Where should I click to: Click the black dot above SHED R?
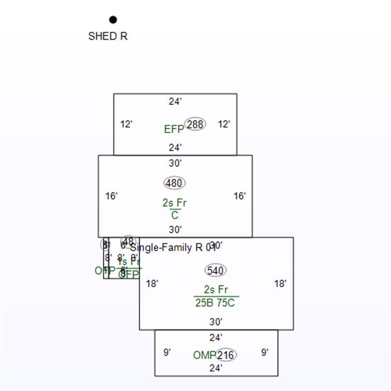tap(113, 20)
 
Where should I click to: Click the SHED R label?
tap(108, 36)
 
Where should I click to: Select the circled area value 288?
tap(195, 124)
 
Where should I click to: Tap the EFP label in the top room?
tap(174, 129)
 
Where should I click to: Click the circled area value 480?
tap(174, 183)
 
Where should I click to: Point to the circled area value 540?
tap(216, 270)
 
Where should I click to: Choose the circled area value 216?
tap(226, 355)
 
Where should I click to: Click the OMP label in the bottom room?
tap(204, 355)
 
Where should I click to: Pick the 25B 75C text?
tap(215, 302)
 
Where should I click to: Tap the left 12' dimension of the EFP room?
tap(126, 124)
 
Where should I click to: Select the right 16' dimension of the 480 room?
tap(240, 195)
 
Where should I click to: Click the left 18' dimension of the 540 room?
tap(152, 283)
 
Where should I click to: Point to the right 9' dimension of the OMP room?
tap(265, 353)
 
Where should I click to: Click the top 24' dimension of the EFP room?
tap(175, 101)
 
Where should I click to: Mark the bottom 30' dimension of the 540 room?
tap(216, 321)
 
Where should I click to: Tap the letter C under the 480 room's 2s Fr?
tap(175, 215)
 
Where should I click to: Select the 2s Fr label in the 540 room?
tap(216, 290)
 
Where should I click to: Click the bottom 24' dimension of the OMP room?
tap(216, 368)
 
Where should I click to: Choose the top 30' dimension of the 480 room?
tap(175, 163)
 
